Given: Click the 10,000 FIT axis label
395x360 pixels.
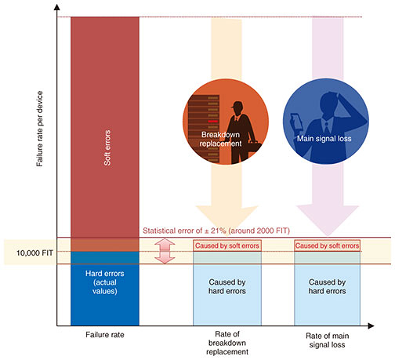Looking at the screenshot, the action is pyautogui.click(x=34, y=253).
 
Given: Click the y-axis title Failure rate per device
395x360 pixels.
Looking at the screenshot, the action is pyautogui.click(x=39, y=129).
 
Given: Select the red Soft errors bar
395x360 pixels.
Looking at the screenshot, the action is pyautogui.click(x=105, y=134).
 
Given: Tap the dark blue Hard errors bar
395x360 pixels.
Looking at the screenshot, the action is pyautogui.click(x=105, y=289).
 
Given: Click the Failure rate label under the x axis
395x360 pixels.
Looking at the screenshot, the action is pyautogui.click(x=105, y=335).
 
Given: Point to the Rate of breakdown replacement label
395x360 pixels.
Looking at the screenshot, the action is pyautogui.click(x=227, y=343).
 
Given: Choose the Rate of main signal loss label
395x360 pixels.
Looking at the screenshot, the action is pyautogui.click(x=327, y=340).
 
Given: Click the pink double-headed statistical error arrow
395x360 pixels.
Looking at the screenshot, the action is pyautogui.click(x=165, y=251).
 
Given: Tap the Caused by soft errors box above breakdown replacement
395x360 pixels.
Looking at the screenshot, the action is pyautogui.click(x=227, y=245).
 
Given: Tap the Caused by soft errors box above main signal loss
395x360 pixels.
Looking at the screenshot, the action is pyautogui.click(x=327, y=245).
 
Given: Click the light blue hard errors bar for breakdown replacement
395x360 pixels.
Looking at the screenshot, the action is pyautogui.click(x=227, y=289).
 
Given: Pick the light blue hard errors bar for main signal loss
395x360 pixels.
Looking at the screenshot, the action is pyautogui.click(x=327, y=289).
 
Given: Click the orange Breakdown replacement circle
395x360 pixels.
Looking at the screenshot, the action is pyautogui.click(x=226, y=122).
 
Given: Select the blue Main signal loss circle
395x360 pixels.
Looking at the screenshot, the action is pyautogui.click(x=326, y=122).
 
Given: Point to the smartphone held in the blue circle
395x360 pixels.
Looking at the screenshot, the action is pyautogui.click(x=296, y=121).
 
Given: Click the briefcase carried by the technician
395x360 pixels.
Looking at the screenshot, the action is pyautogui.click(x=254, y=147).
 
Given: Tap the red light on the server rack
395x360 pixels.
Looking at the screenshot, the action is pyautogui.click(x=213, y=122).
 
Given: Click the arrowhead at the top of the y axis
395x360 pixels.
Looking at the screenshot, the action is pyautogui.click(x=56, y=7).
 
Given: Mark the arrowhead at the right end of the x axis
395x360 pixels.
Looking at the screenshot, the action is pyautogui.click(x=371, y=325).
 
